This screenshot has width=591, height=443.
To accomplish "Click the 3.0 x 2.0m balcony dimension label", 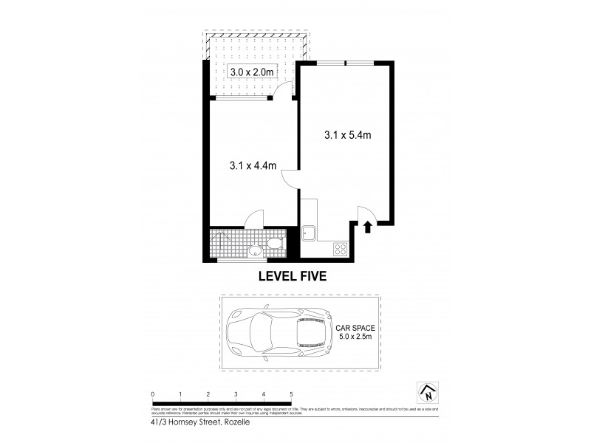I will pos(253,72).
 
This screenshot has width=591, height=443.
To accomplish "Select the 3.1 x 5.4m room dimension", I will pos(347,135).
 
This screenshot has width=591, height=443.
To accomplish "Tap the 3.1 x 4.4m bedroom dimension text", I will pos(253,167).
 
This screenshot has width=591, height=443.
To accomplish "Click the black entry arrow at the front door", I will pos(367,228).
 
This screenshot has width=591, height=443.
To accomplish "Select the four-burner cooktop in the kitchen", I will pos(342,250).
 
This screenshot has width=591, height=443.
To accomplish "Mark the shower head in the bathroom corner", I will pos(216,236).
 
